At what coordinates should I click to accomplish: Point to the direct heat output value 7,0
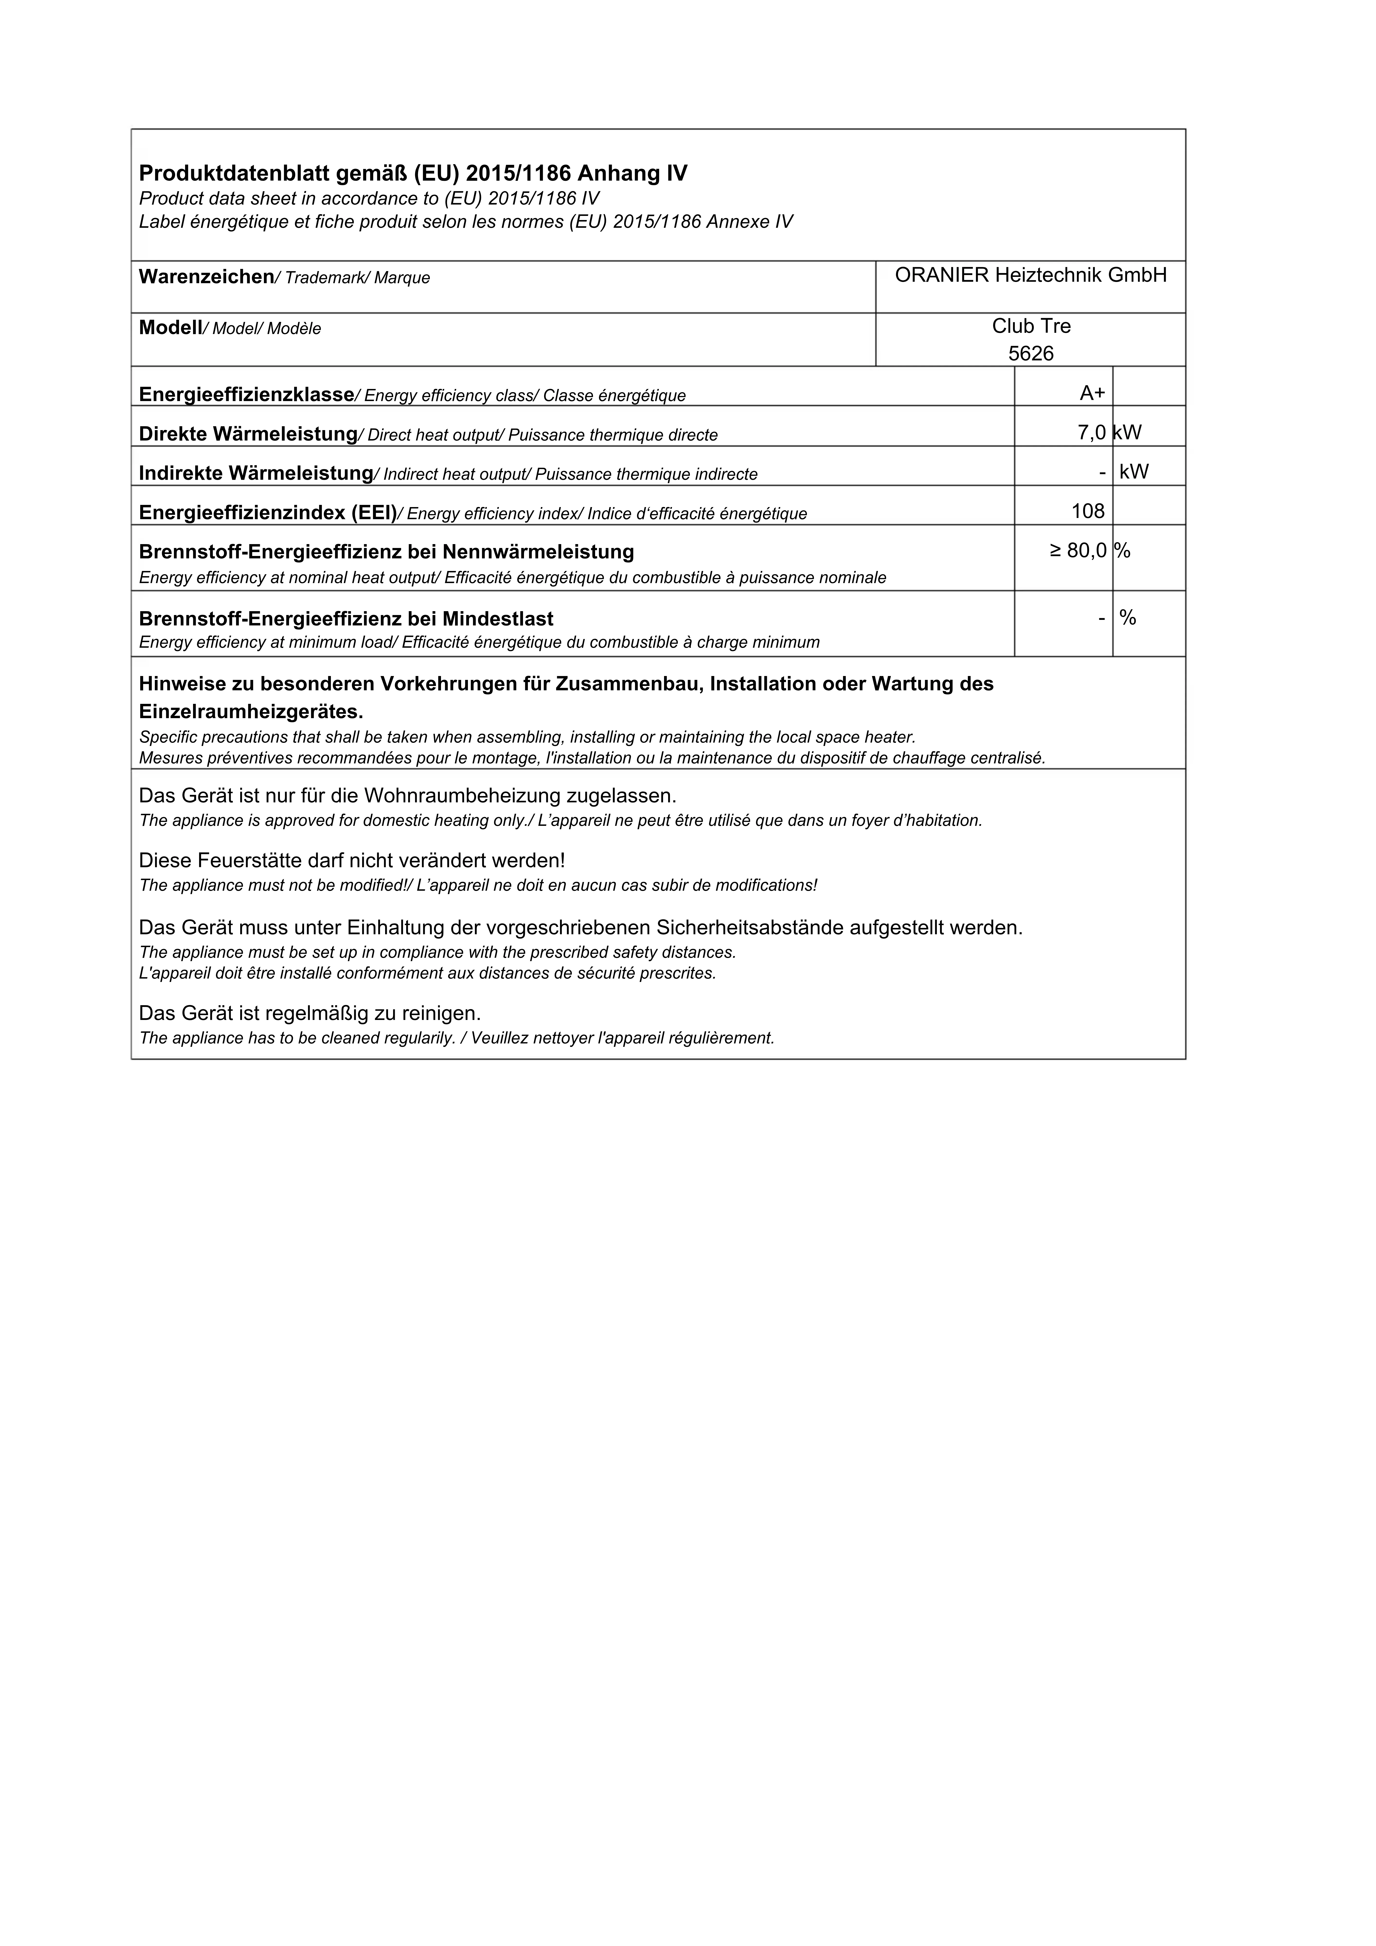1091,433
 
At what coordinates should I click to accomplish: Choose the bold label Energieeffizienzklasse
246,394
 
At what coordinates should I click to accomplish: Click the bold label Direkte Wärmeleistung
247,434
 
